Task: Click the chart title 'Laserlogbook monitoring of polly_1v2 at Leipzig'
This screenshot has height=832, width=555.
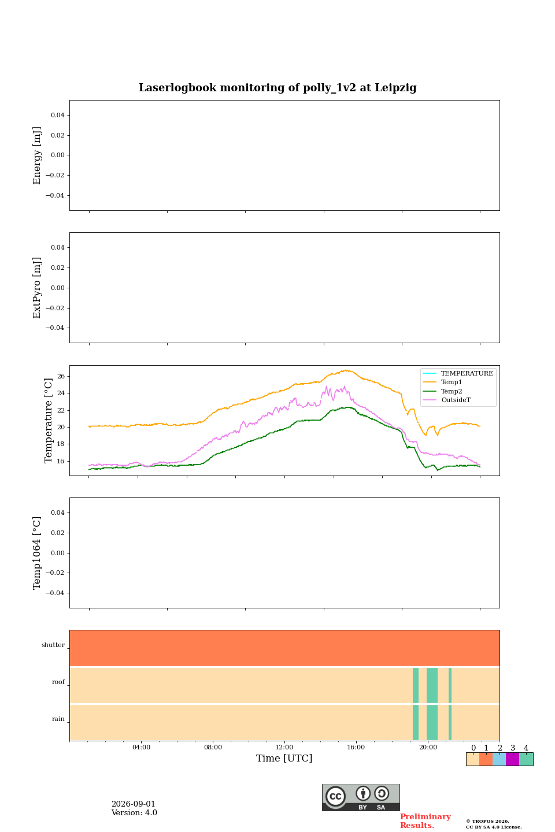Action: (x=277, y=88)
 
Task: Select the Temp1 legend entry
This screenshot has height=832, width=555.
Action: (x=442, y=382)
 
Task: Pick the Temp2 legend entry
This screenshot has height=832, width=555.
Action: (x=442, y=391)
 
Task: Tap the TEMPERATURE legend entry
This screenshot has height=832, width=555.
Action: (x=458, y=373)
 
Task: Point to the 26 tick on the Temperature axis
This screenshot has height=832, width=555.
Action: (x=61, y=376)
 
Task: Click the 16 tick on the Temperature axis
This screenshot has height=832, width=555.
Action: (x=61, y=461)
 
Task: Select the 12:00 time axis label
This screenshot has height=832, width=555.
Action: (x=284, y=747)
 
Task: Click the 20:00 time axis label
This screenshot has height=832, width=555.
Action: (x=428, y=747)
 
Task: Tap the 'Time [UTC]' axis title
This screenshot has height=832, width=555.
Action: (x=284, y=758)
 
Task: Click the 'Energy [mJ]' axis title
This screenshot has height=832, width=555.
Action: (x=37, y=155)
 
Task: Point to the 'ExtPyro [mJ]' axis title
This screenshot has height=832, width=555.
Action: (x=37, y=288)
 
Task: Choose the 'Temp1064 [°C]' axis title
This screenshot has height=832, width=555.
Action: (x=37, y=553)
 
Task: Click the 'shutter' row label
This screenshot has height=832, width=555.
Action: (x=53, y=645)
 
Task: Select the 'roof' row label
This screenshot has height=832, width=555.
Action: (x=58, y=682)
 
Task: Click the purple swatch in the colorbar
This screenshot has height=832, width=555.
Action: (x=512, y=759)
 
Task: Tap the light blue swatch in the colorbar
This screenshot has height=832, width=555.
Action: (x=499, y=759)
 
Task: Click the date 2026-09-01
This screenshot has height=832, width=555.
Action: (x=133, y=804)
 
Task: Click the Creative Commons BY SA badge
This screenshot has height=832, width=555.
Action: (x=361, y=797)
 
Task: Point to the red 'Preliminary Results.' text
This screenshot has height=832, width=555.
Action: (x=425, y=821)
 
